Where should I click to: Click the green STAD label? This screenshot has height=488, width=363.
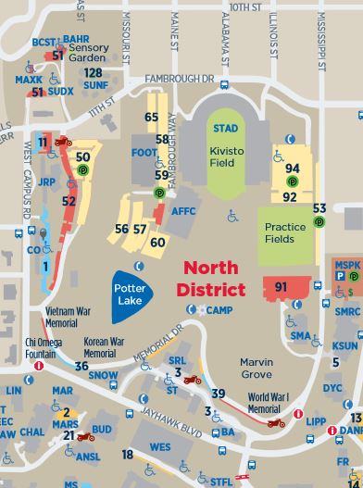tap(224, 127)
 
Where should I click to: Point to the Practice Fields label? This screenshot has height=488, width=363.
tap(285, 231)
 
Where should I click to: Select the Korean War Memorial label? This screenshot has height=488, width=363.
tap(106, 347)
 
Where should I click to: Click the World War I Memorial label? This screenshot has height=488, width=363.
tap(269, 403)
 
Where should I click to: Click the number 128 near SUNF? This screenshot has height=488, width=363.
tap(93, 72)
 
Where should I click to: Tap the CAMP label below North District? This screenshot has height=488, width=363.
tap(219, 310)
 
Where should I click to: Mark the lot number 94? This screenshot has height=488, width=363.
tap(293, 168)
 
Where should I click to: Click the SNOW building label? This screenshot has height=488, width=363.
tap(104, 377)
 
